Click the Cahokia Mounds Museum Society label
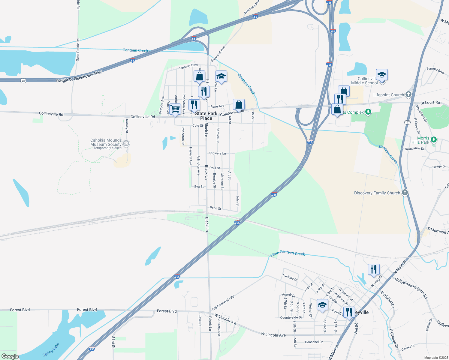click(106, 142)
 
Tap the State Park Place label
click(206, 116)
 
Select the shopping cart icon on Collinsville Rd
click(175, 109)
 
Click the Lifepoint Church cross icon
click(408, 95)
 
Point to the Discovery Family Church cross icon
click(405, 193)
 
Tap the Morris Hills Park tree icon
click(433, 140)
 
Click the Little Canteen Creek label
click(288, 253)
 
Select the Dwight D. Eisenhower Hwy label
click(79, 76)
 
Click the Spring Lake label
click(51, 350)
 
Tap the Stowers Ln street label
click(218, 153)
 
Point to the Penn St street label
click(215, 208)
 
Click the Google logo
click(10, 356)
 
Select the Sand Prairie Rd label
click(78, 49)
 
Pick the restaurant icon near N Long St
click(374, 269)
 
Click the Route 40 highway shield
click(23, 81)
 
